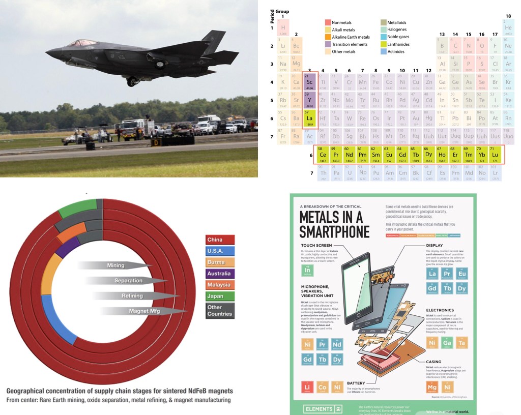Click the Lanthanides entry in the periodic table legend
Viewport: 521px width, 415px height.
coord(399,44)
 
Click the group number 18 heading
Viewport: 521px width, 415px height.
coord(508,16)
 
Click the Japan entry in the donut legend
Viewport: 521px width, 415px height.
coord(220,296)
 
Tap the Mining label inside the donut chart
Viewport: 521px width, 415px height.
coord(116,265)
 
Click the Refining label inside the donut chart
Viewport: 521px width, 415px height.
coord(132,295)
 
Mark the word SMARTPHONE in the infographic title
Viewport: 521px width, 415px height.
coord(334,232)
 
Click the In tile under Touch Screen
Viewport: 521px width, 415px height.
coord(307,271)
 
